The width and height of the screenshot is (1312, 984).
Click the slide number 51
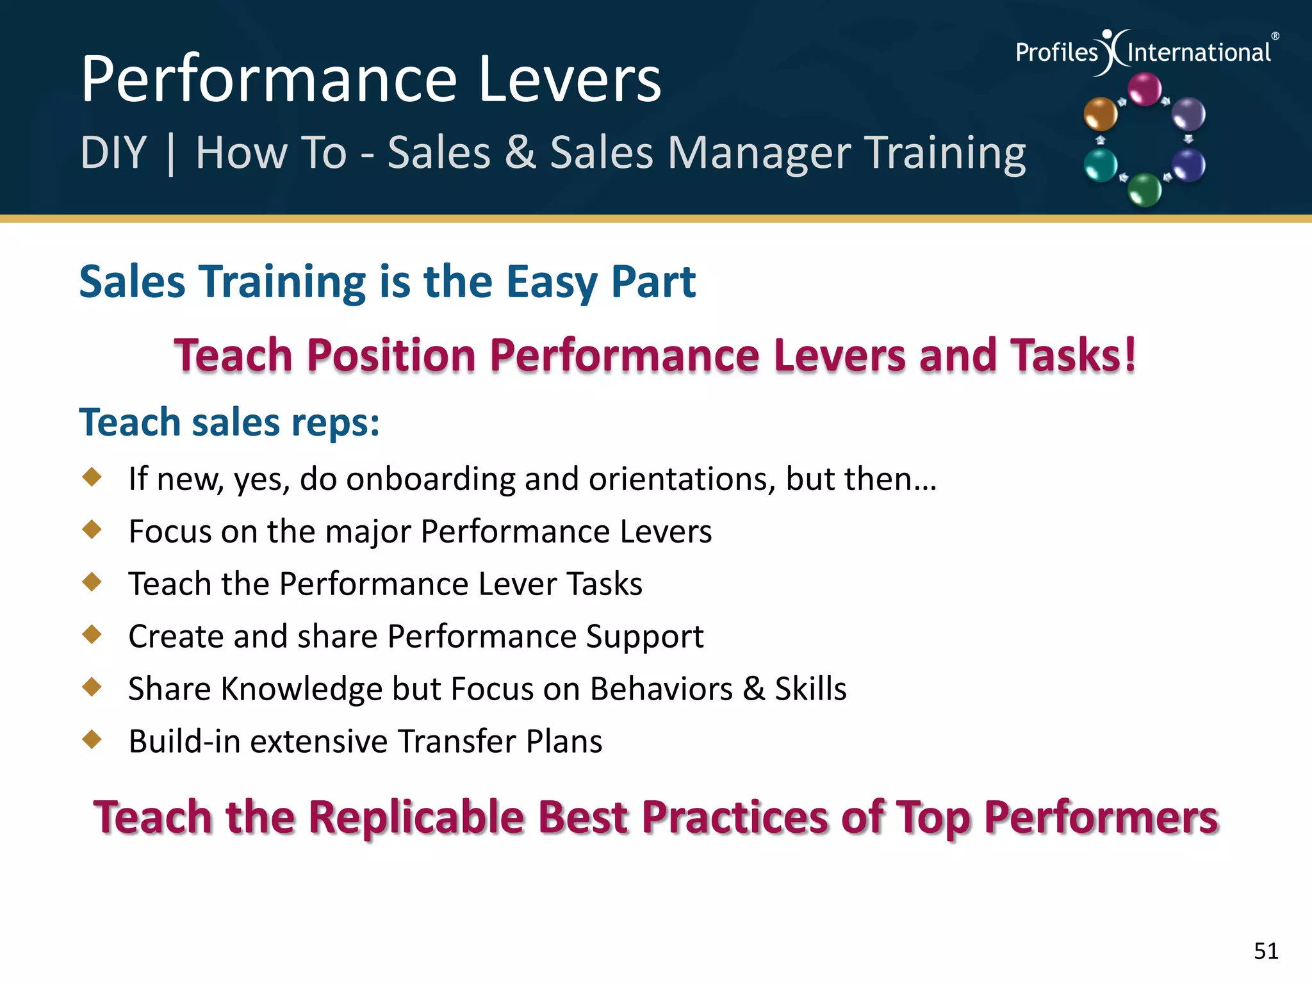tap(1266, 951)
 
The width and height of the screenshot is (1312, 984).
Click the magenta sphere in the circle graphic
tap(1144, 88)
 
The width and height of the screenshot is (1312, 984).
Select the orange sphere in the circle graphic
tap(1100, 114)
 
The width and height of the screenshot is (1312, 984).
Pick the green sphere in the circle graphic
tap(1144, 190)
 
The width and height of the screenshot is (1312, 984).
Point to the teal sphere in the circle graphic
tap(1101, 165)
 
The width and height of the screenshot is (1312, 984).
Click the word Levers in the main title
tap(570, 79)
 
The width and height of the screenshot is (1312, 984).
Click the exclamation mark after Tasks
tap(1129, 354)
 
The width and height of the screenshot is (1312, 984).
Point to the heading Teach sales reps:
tap(229, 423)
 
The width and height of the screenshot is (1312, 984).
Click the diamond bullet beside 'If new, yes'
tap(92, 477)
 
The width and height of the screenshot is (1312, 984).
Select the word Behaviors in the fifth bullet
tap(661, 689)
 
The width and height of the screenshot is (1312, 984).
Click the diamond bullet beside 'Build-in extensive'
tap(92, 739)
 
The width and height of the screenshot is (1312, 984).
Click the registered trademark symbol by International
tap(1275, 37)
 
